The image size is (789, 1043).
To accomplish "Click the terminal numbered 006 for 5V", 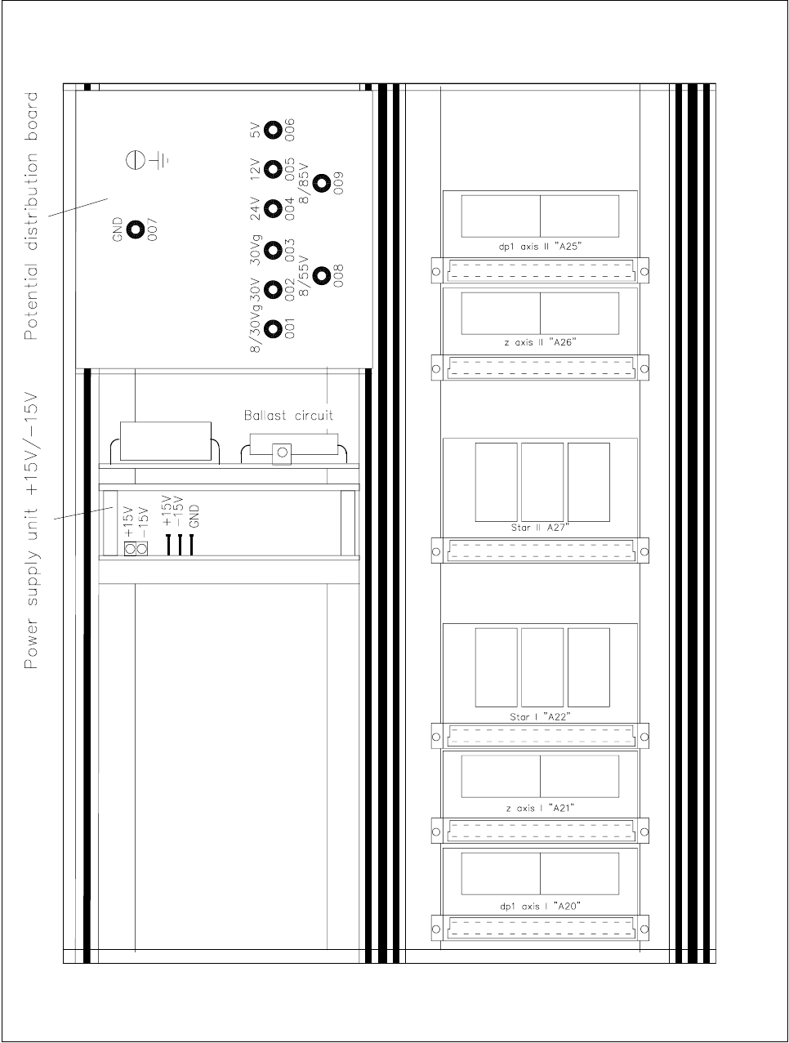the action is coord(273,130).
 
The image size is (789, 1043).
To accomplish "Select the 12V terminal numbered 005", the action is coord(273,169).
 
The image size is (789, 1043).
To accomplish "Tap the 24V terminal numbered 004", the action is coord(273,209).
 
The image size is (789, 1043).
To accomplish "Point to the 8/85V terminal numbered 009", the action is coord(322,183).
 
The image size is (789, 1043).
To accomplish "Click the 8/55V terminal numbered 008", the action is coord(322,275).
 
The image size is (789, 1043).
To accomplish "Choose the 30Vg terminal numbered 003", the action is coord(273,250).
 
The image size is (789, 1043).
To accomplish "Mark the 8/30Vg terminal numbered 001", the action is coord(273,329).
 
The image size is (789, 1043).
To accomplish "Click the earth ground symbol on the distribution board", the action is coord(147,161).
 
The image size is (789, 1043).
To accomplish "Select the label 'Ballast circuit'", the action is coord(288,415).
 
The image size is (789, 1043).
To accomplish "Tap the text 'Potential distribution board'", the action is coord(30,216).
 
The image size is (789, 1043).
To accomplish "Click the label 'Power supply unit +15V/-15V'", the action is coord(30,530).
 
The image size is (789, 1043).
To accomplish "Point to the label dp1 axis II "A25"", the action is coord(540,247).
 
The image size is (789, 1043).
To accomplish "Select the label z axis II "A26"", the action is coord(540,342).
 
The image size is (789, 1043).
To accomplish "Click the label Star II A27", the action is coord(540,528).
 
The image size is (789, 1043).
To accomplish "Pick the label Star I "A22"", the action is coord(540,716).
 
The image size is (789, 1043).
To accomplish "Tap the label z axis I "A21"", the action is coord(540,808).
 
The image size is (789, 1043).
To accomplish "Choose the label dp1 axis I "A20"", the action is coord(540,906).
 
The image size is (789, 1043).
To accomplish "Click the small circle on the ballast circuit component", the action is coord(282,452).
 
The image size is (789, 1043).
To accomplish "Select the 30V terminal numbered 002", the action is coord(273,289).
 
